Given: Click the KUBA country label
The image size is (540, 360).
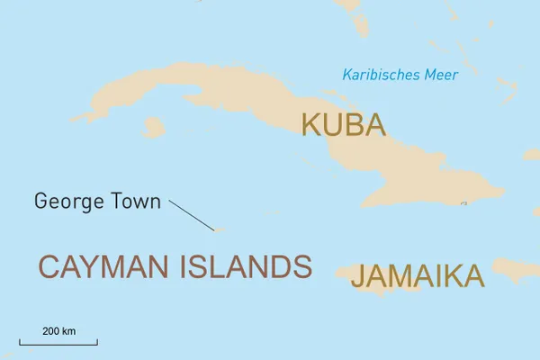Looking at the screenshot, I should click(343, 125).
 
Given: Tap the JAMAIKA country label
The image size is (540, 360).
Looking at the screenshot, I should click(417, 275).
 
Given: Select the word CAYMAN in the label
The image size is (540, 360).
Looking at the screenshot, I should click(101, 266).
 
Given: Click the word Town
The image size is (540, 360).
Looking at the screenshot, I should click(134, 201).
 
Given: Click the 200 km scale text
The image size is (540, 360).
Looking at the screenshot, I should click(58, 331).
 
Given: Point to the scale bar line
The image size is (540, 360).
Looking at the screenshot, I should click(58, 343).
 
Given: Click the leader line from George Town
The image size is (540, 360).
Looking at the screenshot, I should click(191, 214).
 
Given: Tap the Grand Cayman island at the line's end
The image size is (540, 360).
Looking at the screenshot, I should click(218, 229).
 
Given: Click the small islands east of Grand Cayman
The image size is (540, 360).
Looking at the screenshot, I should click(270, 212).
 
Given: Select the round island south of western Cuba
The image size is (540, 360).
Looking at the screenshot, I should click(154, 129).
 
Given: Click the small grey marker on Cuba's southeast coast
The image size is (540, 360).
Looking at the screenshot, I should click(463, 203).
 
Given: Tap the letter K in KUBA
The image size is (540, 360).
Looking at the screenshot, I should click(311, 125).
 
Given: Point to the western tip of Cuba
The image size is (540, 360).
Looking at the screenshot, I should click(74, 120).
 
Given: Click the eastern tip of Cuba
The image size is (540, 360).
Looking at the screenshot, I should click(502, 192).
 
